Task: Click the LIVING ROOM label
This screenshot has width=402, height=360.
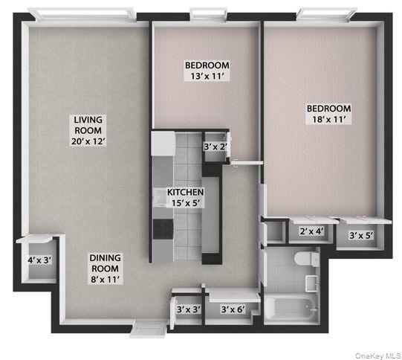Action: point(88,125)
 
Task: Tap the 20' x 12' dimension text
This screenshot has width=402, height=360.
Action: point(88,141)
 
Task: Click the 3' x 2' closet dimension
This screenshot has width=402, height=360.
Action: point(216,147)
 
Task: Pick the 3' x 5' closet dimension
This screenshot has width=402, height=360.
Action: point(362,236)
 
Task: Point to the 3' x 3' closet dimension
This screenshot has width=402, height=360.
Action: point(188,309)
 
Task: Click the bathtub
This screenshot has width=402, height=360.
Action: point(290,308)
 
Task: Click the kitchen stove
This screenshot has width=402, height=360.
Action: point(161,228)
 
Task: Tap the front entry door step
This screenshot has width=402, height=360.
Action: point(148,327)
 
